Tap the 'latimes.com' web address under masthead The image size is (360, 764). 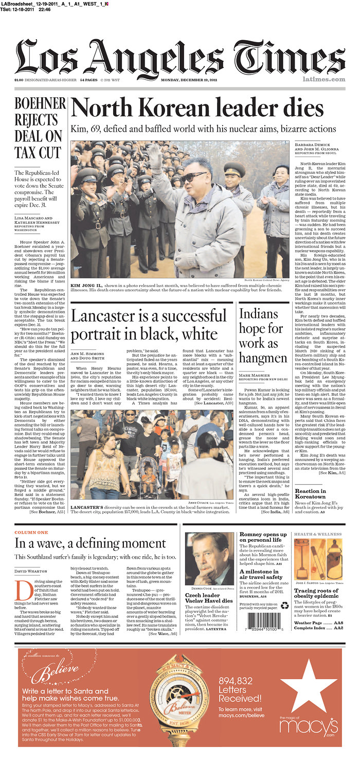[323, 79]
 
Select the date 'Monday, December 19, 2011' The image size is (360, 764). [190, 80]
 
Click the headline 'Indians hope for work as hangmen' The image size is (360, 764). [263, 335]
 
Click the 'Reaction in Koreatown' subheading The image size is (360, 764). [310, 494]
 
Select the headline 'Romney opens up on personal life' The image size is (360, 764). [262, 537]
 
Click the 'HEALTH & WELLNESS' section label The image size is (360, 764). [317, 534]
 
